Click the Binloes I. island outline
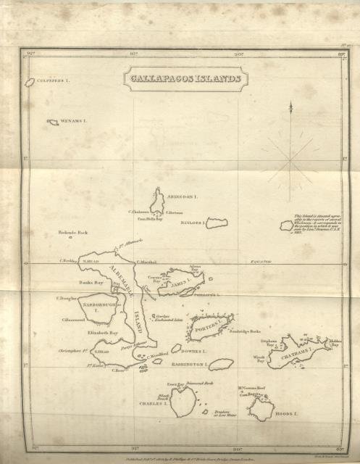coord(217,220)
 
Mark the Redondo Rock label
coord(72,233)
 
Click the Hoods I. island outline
coord(261,408)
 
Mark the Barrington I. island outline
coord(221,364)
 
